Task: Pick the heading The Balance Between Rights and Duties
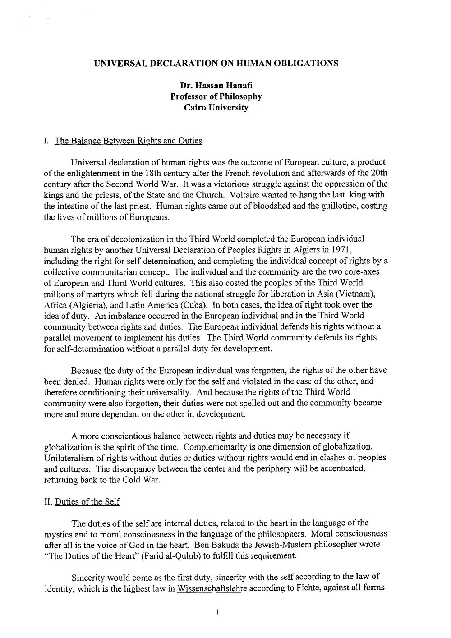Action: coord(128,141)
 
